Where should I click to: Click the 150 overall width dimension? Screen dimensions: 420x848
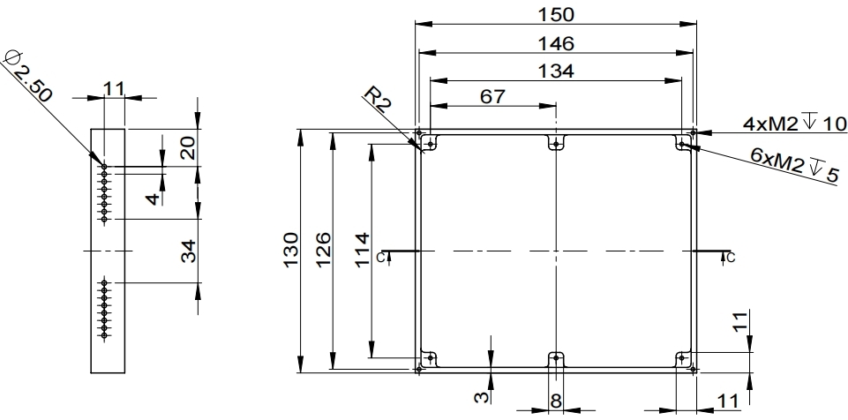click(x=556, y=14)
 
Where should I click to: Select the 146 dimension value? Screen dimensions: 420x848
click(x=556, y=43)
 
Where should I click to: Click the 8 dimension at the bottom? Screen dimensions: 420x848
click(x=555, y=400)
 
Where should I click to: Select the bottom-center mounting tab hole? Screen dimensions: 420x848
click(x=555, y=357)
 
